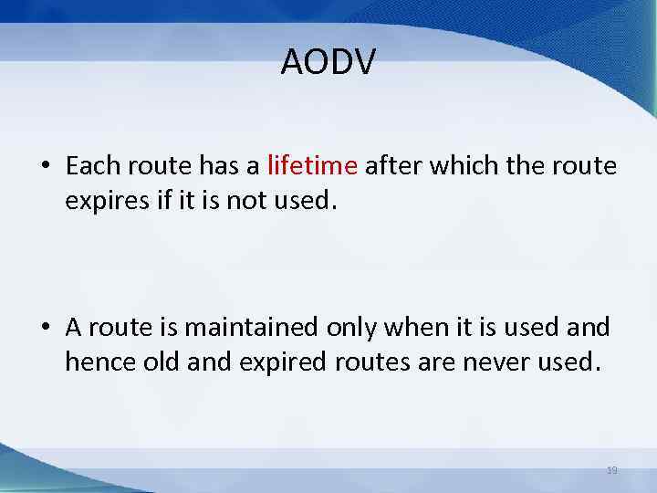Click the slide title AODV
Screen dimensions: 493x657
pos(328,63)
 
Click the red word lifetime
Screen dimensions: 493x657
pos(311,165)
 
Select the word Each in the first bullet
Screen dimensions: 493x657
pos(89,165)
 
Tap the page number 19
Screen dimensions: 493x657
pos(612,469)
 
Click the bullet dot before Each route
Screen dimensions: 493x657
pos(44,167)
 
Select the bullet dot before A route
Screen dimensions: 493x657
pos(44,327)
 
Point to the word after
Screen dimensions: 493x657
pos(391,165)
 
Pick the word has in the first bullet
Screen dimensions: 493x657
pos(220,165)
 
